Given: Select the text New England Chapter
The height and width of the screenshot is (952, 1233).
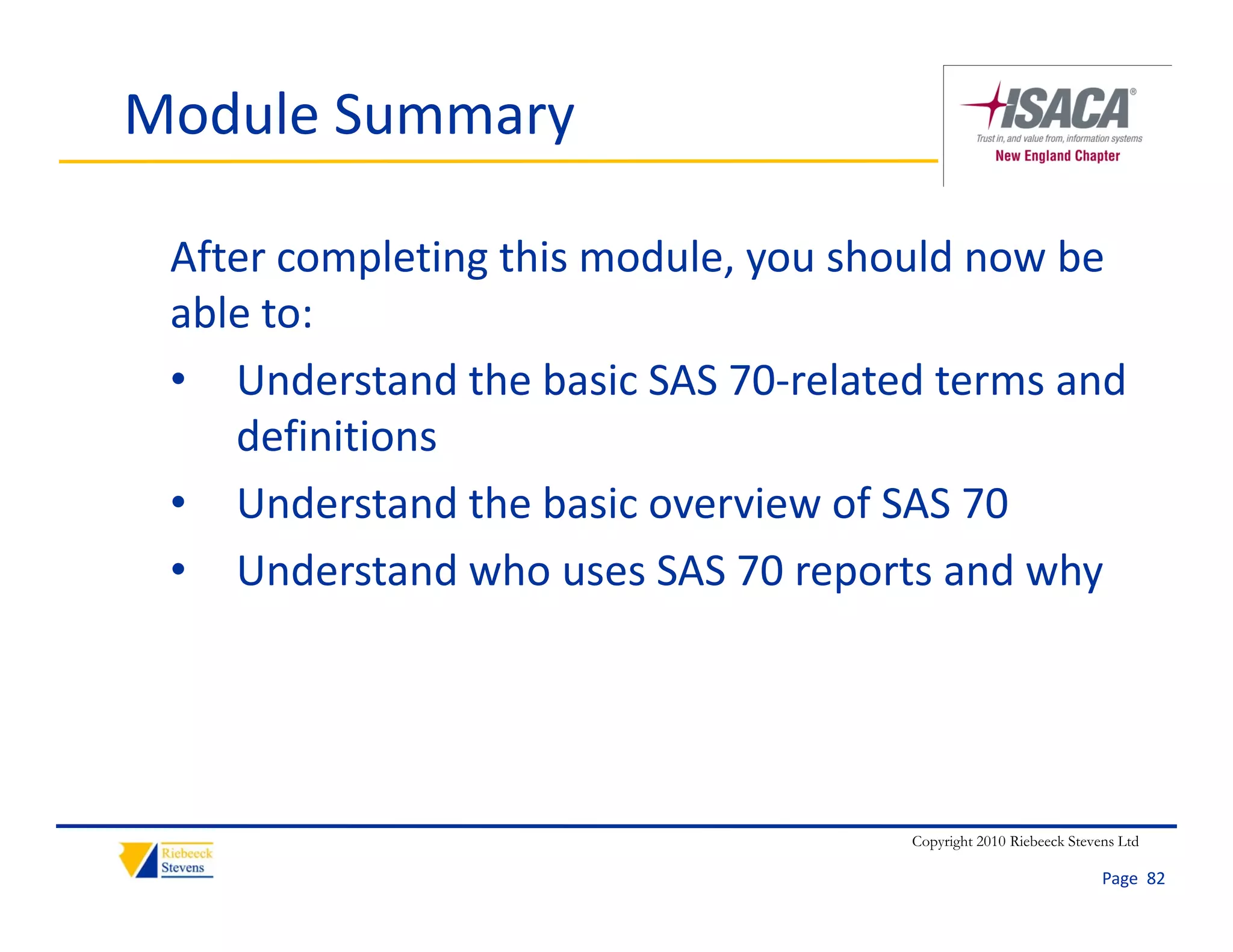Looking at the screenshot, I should (x=1057, y=156).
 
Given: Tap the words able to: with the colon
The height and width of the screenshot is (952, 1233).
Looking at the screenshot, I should (x=241, y=314).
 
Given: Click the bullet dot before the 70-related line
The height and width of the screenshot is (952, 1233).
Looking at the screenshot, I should (x=178, y=380).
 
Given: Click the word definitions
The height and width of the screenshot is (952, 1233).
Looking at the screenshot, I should (x=337, y=436).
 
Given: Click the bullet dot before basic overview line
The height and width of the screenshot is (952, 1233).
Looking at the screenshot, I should (x=178, y=502).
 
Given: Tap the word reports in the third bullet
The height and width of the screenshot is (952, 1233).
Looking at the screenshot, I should (x=863, y=570).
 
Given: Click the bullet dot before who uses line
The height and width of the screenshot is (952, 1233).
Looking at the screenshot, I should (x=178, y=569).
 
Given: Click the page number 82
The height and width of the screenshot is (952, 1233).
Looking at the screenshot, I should (x=1155, y=879).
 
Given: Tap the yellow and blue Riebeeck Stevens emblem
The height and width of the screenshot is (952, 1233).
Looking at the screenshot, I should (x=137, y=860).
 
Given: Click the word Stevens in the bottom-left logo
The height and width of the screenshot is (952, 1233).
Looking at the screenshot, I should (x=182, y=868).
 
